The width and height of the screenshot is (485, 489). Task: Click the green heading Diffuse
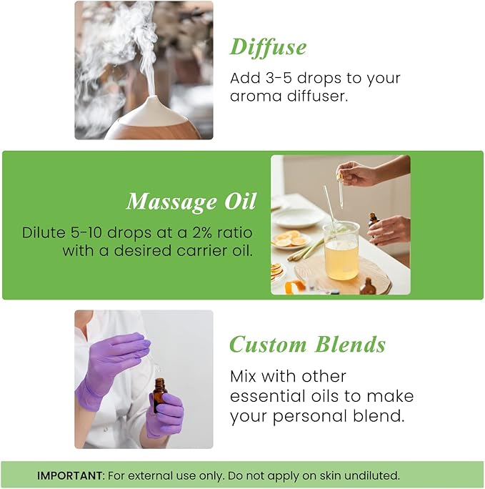coord(268,47)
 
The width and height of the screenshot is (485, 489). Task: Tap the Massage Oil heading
coord(191,202)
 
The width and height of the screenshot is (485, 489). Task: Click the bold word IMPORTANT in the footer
coord(70,475)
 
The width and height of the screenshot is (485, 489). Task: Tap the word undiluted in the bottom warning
coord(374,475)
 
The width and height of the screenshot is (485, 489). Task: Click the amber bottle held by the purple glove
coord(159,395)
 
